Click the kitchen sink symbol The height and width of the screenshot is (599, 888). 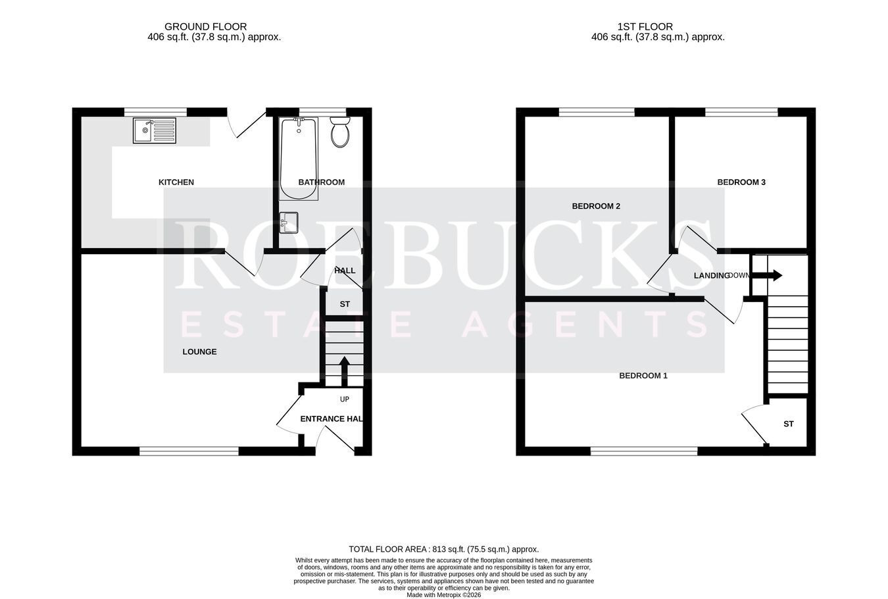(x=155, y=130)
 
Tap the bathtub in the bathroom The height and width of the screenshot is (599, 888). (x=299, y=158)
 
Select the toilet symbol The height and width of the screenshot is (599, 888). (x=340, y=132)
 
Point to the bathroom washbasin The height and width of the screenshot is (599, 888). (x=289, y=222)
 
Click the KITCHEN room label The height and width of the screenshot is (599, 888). (x=176, y=182)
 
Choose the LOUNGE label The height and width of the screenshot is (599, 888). (x=199, y=352)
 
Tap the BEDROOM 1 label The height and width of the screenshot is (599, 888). (x=643, y=375)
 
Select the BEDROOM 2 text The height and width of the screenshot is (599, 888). (x=596, y=206)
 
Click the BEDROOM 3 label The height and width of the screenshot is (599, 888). (x=741, y=182)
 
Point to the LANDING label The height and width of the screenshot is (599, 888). (x=712, y=276)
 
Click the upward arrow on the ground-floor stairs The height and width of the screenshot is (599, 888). (x=345, y=371)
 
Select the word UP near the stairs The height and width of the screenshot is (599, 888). (x=345, y=399)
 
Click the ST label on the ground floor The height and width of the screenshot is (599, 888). (x=345, y=304)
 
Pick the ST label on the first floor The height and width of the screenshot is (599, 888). (x=789, y=424)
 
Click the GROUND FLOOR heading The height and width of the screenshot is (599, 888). (x=205, y=26)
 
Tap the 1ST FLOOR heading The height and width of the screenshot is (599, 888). (x=645, y=26)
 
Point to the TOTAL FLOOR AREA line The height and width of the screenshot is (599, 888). (x=443, y=549)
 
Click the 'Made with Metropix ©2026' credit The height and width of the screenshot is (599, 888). (x=443, y=595)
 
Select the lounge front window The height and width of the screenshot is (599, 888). (x=189, y=451)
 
